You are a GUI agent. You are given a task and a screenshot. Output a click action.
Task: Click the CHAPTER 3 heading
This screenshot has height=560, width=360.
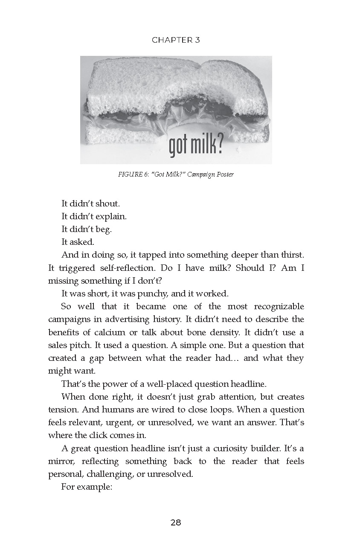click(x=176, y=40)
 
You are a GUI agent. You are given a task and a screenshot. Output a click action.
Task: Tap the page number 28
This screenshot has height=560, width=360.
click(x=176, y=522)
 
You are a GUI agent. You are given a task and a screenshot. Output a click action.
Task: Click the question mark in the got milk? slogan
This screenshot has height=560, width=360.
click(x=218, y=145)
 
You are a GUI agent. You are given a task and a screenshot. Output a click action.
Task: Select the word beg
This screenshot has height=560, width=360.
click(x=103, y=229)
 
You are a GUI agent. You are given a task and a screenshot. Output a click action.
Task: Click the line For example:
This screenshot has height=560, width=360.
click(x=87, y=487)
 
